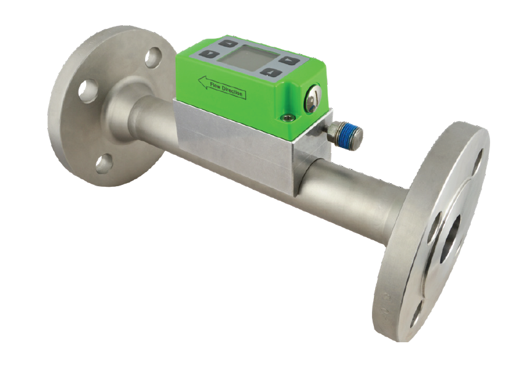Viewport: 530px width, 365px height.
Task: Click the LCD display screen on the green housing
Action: click(x=249, y=58)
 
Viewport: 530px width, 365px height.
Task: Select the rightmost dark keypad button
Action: click(x=289, y=60)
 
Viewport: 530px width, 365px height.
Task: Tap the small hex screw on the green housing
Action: click(x=288, y=117)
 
